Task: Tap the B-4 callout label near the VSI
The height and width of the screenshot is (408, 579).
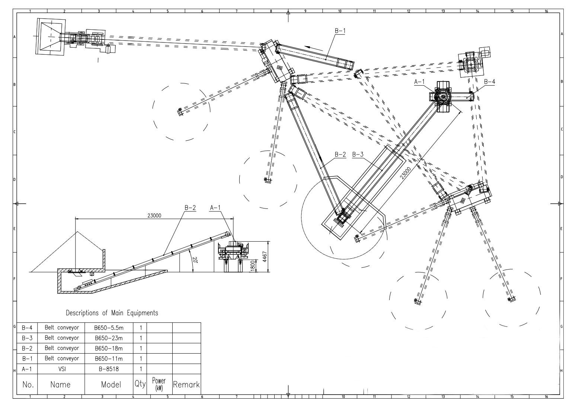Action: point(489,82)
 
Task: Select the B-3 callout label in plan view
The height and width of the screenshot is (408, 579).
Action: point(358,154)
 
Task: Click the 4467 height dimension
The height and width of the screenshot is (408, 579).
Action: point(265,257)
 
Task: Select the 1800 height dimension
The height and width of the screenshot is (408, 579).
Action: point(253,266)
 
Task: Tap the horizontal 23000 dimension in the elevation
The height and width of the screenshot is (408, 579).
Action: point(154,215)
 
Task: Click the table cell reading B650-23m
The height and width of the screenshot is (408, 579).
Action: point(109,338)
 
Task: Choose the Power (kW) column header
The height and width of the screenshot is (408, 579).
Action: point(159,384)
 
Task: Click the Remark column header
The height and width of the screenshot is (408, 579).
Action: point(186,385)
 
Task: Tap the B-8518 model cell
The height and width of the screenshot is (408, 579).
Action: point(109,369)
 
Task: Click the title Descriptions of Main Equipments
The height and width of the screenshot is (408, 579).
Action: point(112,313)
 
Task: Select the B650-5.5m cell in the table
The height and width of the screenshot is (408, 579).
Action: point(109,328)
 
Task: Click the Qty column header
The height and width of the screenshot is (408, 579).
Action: point(140,385)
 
